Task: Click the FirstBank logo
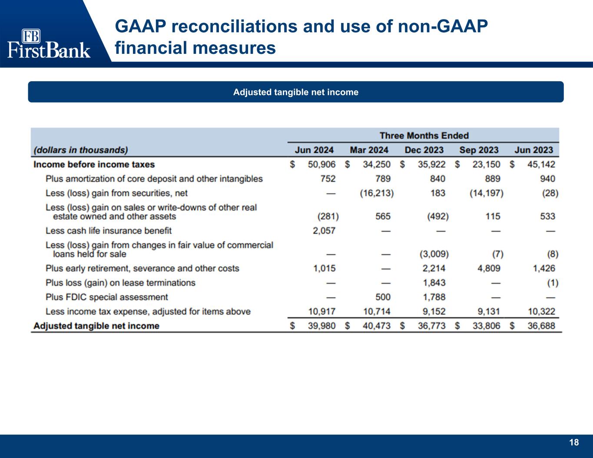[49, 43]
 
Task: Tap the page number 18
[574, 442]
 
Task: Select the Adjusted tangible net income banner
[296, 92]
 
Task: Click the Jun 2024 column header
[314, 150]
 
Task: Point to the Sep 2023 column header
[479, 150]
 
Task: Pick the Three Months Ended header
[424, 135]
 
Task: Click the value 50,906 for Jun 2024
[321, 165]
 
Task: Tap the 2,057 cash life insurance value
[324, 231]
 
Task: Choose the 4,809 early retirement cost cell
[489, 268]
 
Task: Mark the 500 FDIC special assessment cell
[383, 297]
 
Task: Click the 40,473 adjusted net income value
[376, 326]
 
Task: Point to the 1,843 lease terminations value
[434, 283]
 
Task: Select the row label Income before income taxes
[94, 165]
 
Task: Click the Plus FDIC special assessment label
[106, 297]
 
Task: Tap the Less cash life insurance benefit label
[109, 231]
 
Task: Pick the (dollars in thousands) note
[81, 150]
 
